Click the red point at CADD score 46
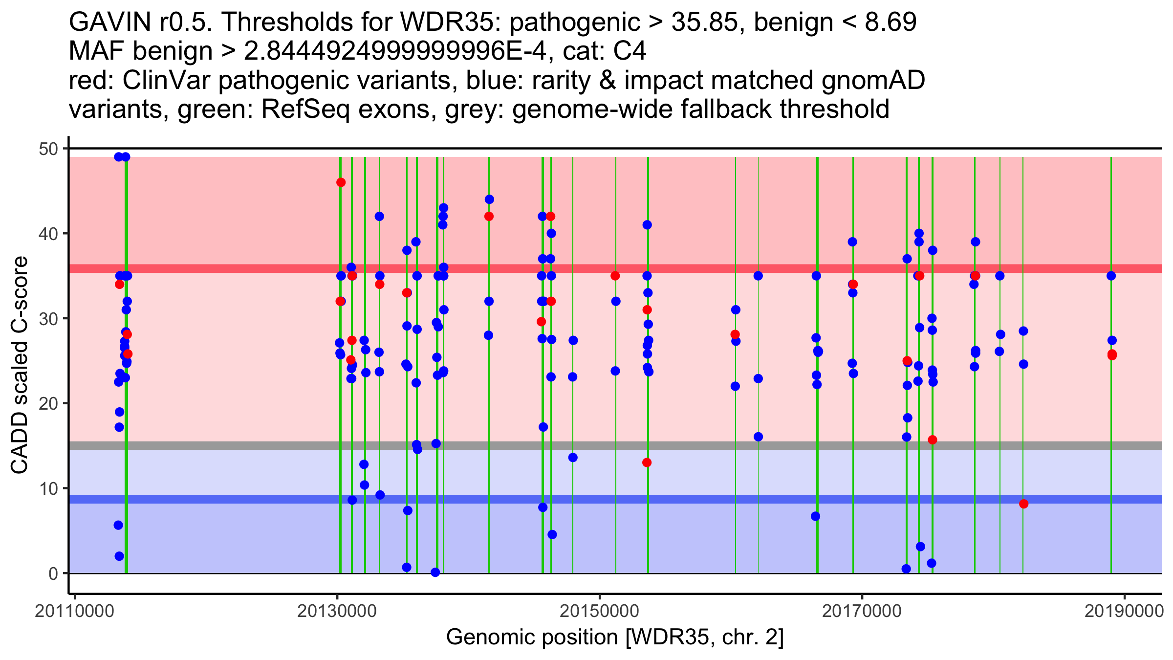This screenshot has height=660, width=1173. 341,182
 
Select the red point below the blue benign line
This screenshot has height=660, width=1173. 1023,504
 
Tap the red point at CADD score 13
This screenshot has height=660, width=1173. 647,462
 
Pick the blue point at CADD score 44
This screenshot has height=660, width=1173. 489,199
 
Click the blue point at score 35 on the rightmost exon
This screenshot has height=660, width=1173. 1111,276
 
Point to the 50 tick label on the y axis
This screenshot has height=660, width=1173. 48,149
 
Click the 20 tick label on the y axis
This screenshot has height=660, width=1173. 48,404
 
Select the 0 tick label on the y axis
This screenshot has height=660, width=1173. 53,573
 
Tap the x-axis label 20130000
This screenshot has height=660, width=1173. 337,611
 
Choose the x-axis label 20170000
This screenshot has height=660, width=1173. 862,611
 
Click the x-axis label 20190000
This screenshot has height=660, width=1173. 1124,611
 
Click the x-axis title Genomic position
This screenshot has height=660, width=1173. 615,638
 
